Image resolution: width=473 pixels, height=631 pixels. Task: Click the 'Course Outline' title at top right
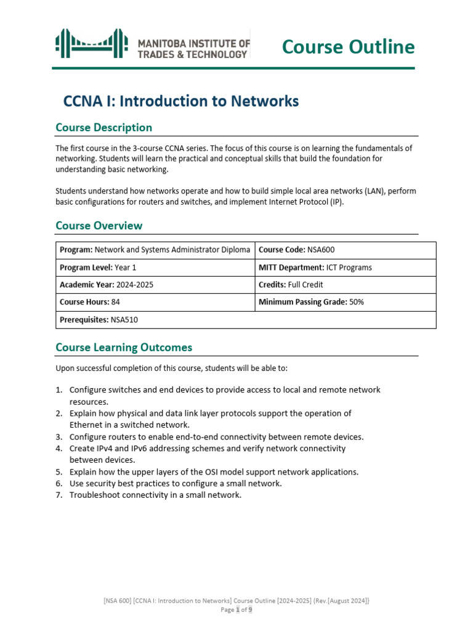point(348,47)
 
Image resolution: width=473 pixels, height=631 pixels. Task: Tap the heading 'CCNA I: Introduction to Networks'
point(181,101)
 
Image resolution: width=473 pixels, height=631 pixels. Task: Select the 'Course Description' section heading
point(103,128)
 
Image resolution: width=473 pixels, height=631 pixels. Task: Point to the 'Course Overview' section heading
point(99,226)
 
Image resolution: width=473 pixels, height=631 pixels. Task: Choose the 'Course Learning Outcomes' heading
point(124,348)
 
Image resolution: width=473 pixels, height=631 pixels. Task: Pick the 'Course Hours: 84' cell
point(89,303)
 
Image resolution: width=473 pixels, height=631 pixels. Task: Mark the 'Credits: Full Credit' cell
point(291,285)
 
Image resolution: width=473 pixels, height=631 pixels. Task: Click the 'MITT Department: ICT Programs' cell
point(315,267)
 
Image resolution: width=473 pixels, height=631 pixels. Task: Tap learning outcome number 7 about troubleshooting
point(155,495)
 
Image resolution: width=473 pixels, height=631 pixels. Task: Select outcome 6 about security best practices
point(175,483)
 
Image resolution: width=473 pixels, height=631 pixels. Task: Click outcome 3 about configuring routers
point(216,436)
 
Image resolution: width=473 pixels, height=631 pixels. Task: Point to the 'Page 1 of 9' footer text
point(236,609)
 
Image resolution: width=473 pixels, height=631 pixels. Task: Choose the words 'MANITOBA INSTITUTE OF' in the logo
point(193,43)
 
